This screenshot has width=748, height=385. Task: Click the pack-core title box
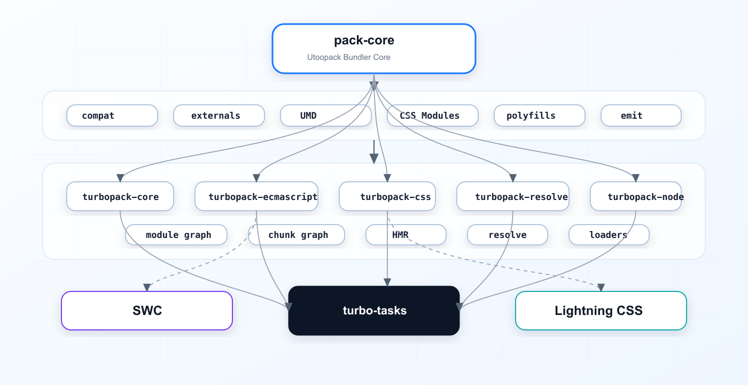coord(373,49)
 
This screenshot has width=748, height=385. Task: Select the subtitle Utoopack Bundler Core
coord(348,57)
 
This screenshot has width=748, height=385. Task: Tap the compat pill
coord(112,115)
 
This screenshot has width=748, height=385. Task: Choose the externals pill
coord(219,115)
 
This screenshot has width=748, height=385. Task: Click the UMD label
coord(308,115)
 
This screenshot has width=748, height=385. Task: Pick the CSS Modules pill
coord(433,115)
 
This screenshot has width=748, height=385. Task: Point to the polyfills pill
coord(540,115)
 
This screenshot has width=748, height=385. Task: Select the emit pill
coord(641,115)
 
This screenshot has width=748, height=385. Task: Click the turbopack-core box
coord(120,196)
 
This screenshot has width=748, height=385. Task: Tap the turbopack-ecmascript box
coord(256,196)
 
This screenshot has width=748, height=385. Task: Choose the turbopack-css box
coord(387,196)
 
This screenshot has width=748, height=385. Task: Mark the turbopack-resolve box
coord(513,196)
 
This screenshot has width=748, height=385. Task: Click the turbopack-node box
coord(636,196)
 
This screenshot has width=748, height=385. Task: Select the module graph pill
coord(176,235)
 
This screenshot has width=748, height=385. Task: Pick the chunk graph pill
coord(297,235)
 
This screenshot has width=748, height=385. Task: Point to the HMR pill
coord(406,235)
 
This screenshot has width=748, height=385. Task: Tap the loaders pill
coord(609,235)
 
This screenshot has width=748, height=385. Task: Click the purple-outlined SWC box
coord(147,311)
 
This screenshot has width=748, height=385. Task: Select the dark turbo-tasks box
coord(374,311)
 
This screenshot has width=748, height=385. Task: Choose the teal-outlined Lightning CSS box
coord(601,311)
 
